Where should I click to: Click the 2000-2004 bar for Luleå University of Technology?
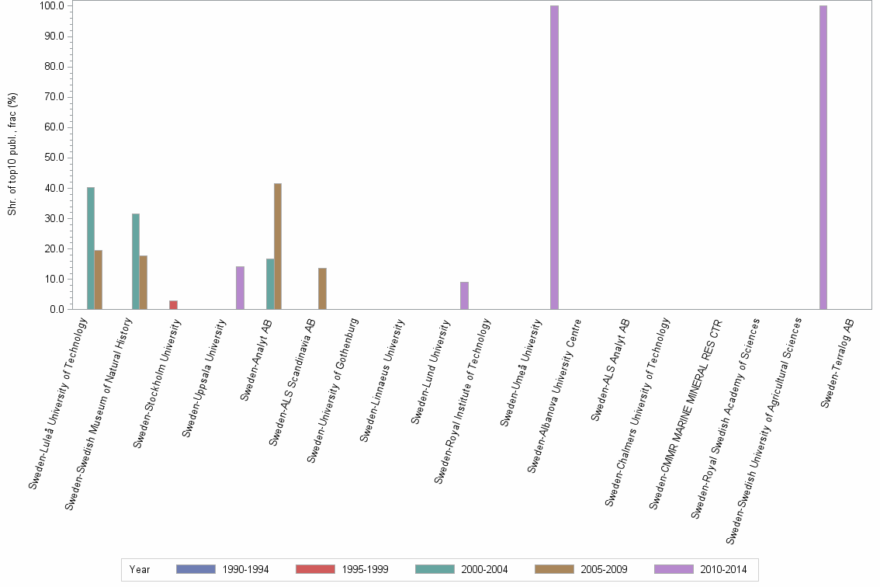point(91,248)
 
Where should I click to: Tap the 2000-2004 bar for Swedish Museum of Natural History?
point(136,262)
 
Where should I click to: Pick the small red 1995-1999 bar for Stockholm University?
point(173,305)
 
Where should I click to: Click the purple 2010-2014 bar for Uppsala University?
point(240,288)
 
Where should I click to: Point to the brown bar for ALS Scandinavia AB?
point(322,289)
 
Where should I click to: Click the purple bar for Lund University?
point(464,296)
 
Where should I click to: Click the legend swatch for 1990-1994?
point(196,570)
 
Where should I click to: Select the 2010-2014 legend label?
point(722,570)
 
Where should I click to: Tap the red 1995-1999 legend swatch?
point(315,570)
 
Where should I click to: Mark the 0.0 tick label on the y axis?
point(55,310)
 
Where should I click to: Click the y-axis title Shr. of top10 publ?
point(12,155)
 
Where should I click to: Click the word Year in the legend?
point(140,570)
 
